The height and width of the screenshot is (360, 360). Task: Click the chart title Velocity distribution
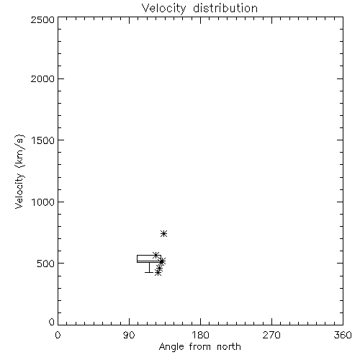pos(199,9)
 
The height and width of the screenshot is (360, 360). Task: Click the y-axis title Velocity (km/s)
pos(19,171)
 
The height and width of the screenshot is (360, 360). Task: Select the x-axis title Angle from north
pos(199,347)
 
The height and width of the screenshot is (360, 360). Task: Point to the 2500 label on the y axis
pos(42,19)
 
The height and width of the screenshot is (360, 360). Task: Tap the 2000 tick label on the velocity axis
pos(42,78)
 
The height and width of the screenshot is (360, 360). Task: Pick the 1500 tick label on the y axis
pos(43,140)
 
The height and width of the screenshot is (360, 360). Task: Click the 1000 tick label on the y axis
pos(43,202)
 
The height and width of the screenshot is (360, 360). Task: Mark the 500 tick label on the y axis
pos(45,264)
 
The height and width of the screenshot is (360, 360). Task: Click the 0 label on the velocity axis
pos(52,322)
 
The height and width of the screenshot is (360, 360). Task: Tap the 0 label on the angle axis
pos(58,335)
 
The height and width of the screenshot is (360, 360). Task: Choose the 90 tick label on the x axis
pos(129,335)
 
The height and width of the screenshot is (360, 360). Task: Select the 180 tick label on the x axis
pos(199,335)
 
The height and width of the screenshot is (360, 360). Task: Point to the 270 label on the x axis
pos(271,335)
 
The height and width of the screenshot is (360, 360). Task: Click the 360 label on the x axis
pos(343,335)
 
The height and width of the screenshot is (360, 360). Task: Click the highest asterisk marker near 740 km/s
pos(163,233)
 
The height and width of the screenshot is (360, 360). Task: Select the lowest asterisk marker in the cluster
pos(158,272)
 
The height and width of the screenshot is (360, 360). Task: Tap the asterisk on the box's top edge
pos(156,255)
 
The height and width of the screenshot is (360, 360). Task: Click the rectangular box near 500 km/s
pos(149,256)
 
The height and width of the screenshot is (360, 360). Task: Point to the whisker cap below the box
pos(149,272)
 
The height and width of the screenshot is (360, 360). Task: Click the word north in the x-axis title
pos(229,347)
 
